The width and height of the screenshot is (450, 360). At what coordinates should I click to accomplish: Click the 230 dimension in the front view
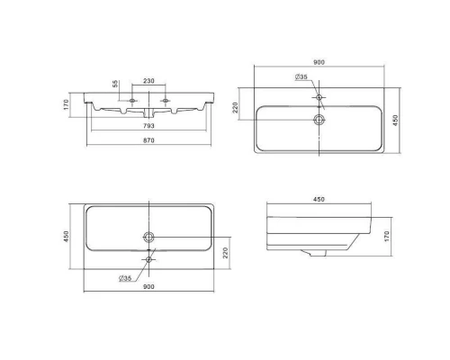click(148, 81)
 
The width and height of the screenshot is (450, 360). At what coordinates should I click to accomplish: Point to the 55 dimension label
click(115, 84)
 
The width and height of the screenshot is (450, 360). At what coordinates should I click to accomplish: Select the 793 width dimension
click(148, 126)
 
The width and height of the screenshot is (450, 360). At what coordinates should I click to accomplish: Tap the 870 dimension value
click(148, 140)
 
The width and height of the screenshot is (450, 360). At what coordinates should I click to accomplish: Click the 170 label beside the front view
click(67, 104)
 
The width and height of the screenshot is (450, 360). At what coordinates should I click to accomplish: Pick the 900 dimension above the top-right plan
click(319, 62)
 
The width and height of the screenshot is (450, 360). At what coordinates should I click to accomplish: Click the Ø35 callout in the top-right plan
click(301, 77)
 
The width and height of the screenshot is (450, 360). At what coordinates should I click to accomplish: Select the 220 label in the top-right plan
click(235, 107)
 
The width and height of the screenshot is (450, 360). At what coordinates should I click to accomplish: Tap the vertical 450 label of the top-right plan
click(395, 121)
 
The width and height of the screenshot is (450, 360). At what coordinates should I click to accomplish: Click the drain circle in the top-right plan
click(319, 120)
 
